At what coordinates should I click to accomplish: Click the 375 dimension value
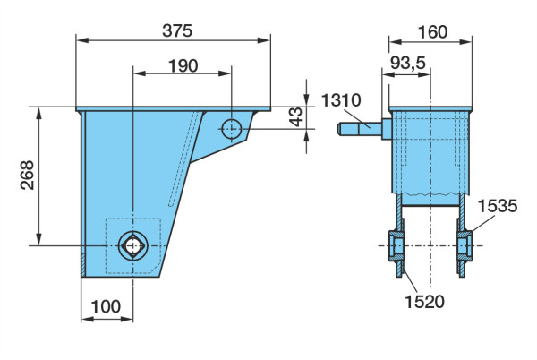click(x=177, y=30)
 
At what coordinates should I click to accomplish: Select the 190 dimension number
click(x=183, y=65)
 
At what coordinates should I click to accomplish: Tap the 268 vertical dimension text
click(x=28, y=175)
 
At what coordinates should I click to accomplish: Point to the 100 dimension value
click(x=106, y=306)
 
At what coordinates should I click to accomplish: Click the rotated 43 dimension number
click(x=296, y=116)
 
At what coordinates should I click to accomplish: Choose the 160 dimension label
click(x=432, y=32)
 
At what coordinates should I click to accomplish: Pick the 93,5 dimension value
click(x=407, y=63)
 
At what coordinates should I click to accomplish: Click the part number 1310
click(x=341, y=100)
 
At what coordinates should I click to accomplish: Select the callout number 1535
click(x=498, y=206)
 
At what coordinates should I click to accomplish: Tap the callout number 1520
click(x=424, y=302)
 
